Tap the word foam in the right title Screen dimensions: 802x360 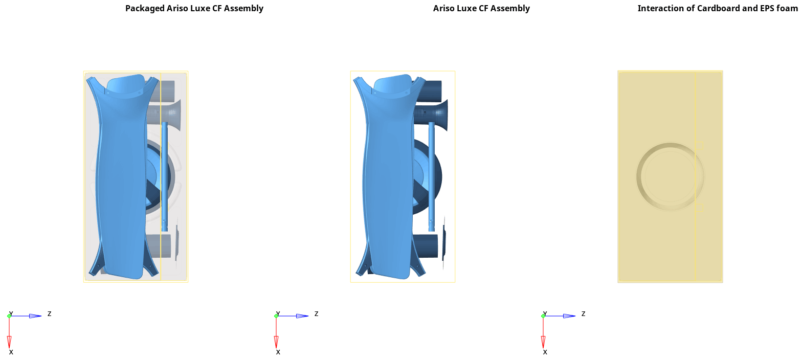click(788, 8)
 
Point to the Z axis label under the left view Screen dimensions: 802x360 click(50, 314)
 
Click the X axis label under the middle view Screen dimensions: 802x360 click(278, 352)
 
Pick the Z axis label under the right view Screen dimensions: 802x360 click(583, 314)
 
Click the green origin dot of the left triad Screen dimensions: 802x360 click(9, 316)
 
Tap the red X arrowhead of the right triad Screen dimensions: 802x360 click(543, 342)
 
